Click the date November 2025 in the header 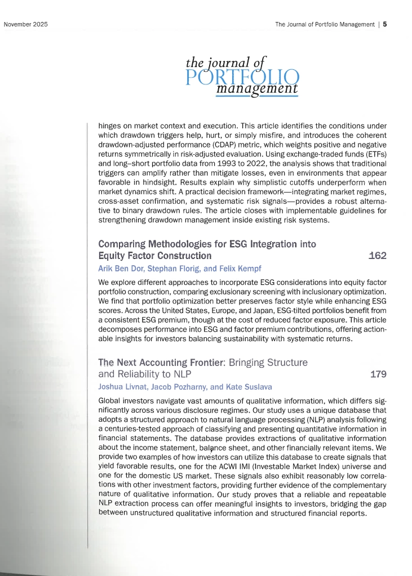click(26, 25)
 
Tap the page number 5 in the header click(384, 25)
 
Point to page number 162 click(377, 256)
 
